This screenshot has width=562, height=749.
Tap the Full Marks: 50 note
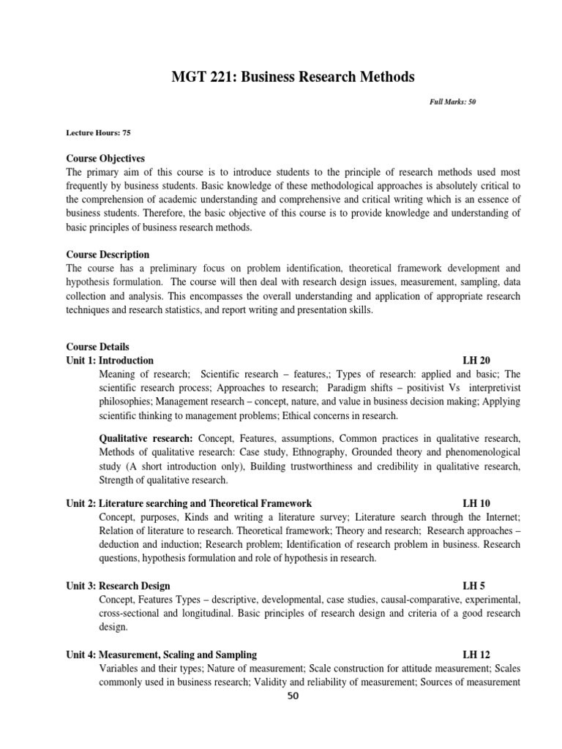click(x=452, y=102)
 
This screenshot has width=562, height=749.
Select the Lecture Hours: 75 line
click(x=99, y=133)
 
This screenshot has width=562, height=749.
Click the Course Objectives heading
click(x=105, y=158)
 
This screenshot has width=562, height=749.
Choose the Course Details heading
click(x=97, y=347)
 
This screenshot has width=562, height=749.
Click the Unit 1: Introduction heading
click(x=110, y=361)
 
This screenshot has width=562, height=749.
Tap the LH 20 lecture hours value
click(x=476, y=361)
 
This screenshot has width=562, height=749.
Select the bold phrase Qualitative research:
click(x=146, y=438)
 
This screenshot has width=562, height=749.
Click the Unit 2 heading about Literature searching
click(x=189, y=503)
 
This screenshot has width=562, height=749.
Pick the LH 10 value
click(x=476, y=503)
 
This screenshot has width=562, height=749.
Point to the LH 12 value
click(x=476, y=655)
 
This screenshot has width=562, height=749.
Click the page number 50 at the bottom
click(x=293, y=696)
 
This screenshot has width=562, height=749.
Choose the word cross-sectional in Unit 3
click(x=130, y=614)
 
